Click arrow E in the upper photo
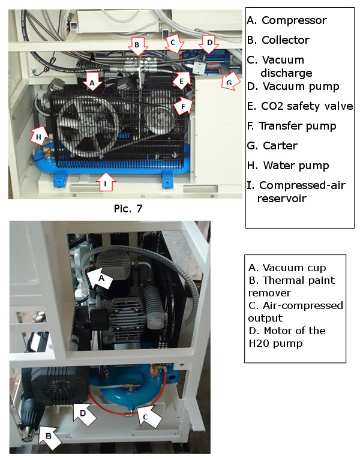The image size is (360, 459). [182, 80]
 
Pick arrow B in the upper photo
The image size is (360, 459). [137, 46]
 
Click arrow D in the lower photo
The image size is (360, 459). [84, 413]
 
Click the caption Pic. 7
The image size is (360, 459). [128, 208]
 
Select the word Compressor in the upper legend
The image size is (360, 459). [294, 20]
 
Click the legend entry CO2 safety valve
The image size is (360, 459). [300, 106]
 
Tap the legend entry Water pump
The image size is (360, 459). [288, 166]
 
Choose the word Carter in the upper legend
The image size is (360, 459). [280, 145]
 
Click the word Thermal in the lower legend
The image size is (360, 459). [280, 280]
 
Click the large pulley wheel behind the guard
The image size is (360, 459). [87, 126]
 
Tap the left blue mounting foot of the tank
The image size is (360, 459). [59, 181]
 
